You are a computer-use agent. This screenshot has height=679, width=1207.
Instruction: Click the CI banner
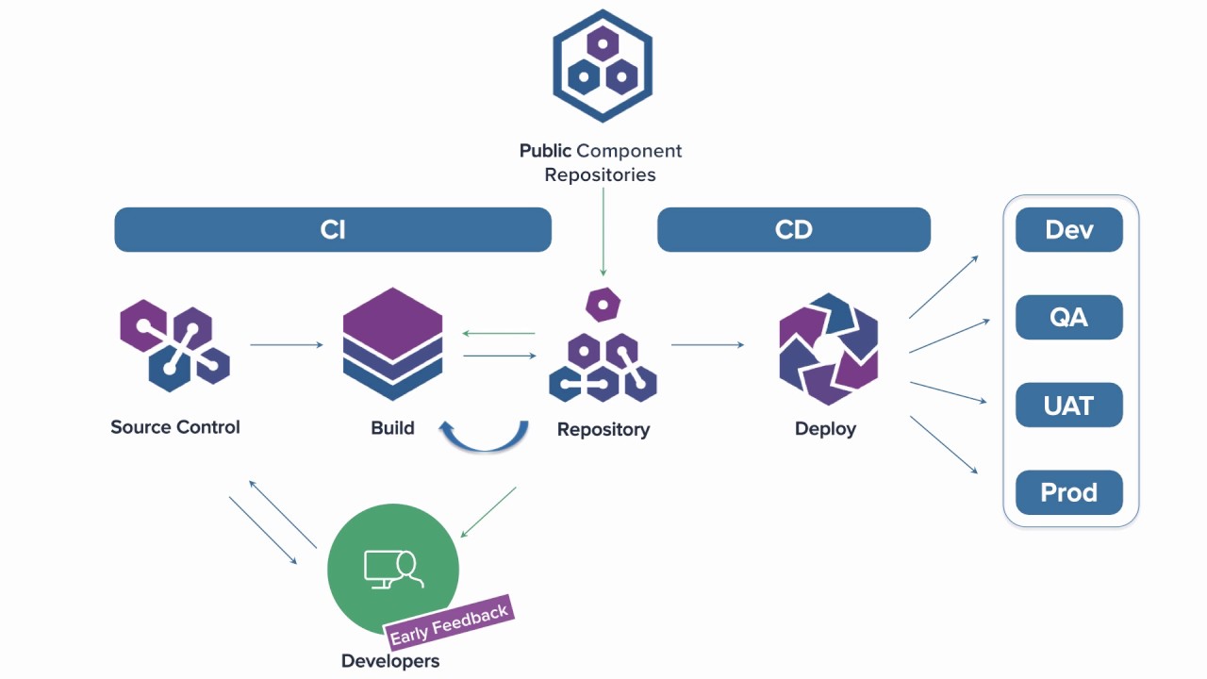click(332, 230)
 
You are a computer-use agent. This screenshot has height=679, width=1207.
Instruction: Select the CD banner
click(793, 230)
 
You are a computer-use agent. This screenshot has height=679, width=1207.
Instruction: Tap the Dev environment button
click(1068, 230)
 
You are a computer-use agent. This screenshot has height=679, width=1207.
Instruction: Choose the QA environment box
click(1068, 317)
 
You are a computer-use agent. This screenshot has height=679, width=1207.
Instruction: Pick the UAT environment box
click(1068, 406)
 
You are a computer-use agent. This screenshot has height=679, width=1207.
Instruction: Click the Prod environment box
click(1068, 492)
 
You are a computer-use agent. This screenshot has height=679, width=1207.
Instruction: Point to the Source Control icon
click(174, 345)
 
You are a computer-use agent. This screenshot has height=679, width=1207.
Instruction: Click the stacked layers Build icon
click(392, 344)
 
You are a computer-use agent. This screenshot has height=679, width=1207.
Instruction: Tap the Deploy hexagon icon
click(828, 349)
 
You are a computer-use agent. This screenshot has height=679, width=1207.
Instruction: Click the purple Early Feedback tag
click(449, 623)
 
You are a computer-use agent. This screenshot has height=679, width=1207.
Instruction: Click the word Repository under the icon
click(603, 430)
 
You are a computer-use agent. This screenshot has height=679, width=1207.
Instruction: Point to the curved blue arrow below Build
click(484, 438)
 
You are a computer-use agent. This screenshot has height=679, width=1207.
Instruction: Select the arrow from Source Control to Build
click(287, 345)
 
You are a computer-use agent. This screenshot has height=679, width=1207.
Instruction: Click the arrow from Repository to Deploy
click(707, 345)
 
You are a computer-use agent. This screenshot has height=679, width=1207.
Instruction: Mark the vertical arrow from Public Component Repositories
click(603, 232)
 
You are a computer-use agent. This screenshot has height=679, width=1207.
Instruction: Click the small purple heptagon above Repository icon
click(603, 304)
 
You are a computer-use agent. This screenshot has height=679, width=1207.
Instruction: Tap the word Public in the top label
click(545, 151)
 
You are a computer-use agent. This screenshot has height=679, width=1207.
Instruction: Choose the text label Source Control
click(175, 427)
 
